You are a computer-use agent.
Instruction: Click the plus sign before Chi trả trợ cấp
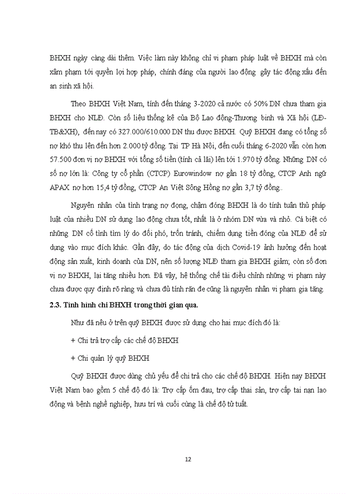pyautogui.click(x=72, y=341)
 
